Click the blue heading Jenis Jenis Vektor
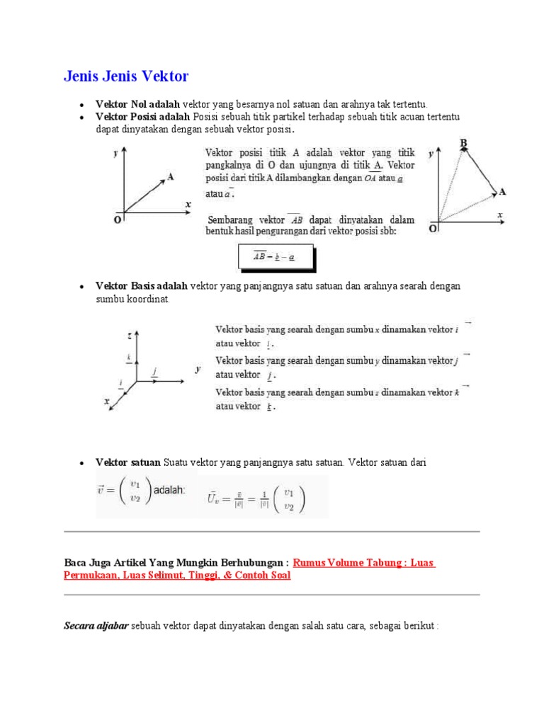coord(126,76)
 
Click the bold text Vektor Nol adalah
coord(137,105)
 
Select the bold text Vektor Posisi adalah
coord(142,117)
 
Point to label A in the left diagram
coord(171,177)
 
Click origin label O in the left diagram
coord(117,219)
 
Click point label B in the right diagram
coord(464,144)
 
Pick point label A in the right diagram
coord(502,192)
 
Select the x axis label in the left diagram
coord(188,204)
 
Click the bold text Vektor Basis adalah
coord(142,286)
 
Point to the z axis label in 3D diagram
coord(129,333)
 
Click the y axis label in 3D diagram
coord(198,369)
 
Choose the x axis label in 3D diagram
coord(107,401)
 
